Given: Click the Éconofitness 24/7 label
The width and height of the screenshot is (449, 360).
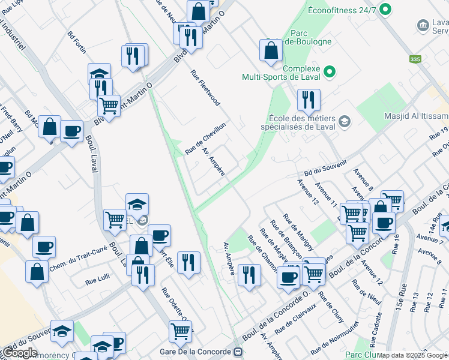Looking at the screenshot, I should point(341,10).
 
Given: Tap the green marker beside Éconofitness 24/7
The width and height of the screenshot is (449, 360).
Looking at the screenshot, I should point(385,10).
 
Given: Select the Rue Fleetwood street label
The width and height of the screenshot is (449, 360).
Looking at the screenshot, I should point(205,89).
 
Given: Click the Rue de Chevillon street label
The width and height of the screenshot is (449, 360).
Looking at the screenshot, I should point(205,139).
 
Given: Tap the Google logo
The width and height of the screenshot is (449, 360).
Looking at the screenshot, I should point(20,353).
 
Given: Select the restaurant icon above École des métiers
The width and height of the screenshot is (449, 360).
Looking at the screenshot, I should point(309,100).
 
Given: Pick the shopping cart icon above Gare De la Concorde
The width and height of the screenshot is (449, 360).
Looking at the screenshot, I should point(180,330).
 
